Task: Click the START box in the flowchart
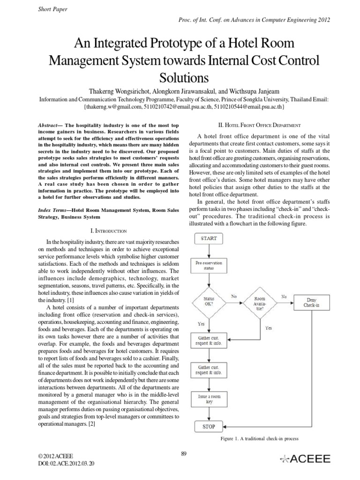coord(209,238)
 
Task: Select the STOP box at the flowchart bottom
coord(209,427)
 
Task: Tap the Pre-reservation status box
coord(209,266)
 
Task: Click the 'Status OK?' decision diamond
coord(209,301)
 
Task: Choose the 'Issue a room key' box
coord(209,399)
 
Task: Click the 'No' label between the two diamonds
coord(234,296)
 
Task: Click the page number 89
coord(184,453)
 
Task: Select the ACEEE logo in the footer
coord(305,459)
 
